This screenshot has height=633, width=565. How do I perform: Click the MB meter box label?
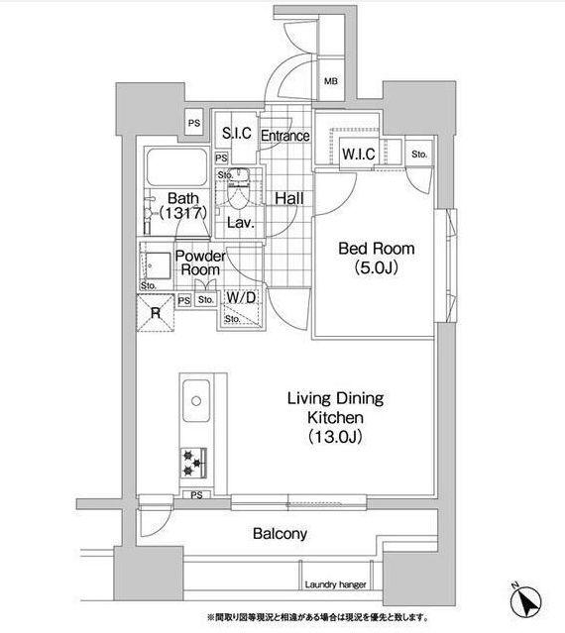pos(331,81)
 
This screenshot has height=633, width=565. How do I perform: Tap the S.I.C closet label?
pos(237,133)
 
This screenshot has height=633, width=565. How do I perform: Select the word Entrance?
pos(285,136)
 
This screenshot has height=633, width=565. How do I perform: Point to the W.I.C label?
pos(359,154)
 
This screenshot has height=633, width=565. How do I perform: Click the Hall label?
pos(289,198)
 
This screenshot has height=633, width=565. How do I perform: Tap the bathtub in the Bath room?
pos(176,167)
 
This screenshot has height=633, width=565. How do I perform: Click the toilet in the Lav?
pos(238,189)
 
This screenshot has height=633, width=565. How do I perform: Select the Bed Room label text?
pos(377,249)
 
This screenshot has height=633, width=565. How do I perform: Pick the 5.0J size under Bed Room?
pos(377,266)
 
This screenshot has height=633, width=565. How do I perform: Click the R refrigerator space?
pos(156,313)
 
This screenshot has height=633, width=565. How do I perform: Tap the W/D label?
pos(241,298)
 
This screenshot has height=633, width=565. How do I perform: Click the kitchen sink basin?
pos(196,400)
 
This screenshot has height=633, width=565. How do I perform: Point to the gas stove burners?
pos(193,463)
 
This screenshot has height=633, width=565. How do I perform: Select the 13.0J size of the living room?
pos(335,437)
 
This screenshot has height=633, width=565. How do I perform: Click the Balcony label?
pos(280,534)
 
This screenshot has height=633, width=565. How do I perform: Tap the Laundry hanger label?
pos(335,584)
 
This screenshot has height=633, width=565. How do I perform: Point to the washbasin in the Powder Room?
pos(158,265)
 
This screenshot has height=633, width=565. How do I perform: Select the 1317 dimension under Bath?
pos(183,213)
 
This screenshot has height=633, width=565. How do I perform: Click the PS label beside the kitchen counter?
pos(196,495)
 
